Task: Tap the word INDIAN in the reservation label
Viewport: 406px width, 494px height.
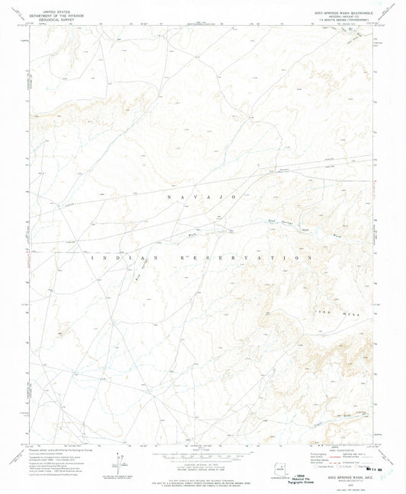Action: pos(112,258)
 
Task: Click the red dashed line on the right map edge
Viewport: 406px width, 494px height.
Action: pos(379,183)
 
